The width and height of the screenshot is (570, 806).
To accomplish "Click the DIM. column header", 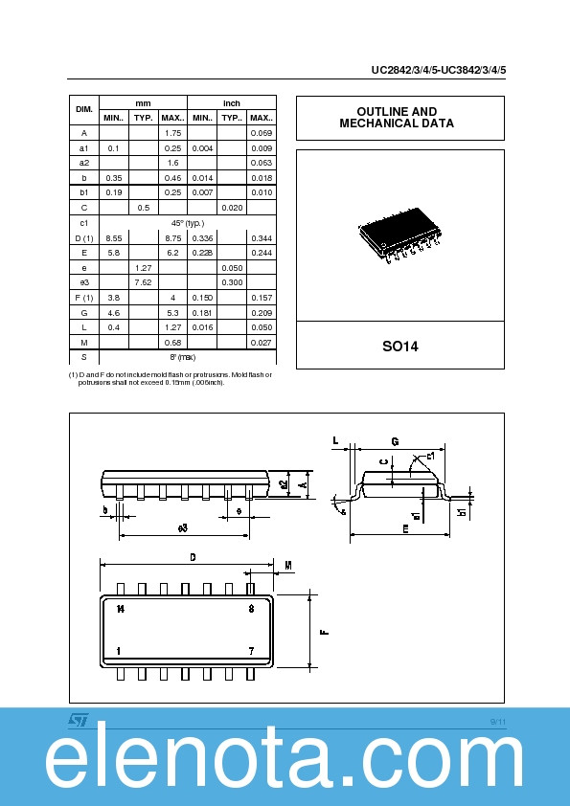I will pos(84,110).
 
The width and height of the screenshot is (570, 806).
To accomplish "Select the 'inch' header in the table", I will pos(232,102).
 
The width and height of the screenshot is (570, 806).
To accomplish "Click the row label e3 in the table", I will pos(84,282).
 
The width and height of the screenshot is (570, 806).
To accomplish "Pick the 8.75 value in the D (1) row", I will pos(172,237).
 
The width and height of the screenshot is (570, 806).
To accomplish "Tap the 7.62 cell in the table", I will pos(144,282).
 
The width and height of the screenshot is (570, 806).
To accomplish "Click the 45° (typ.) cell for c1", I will pos(188,222).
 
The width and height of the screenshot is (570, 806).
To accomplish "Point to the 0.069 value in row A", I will pos(261,132).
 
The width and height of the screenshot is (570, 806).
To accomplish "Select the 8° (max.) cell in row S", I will pos(188,356).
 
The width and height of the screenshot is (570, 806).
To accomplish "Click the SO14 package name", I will pos(399,346).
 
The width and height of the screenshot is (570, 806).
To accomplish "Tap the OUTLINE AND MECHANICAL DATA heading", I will pos(399,118).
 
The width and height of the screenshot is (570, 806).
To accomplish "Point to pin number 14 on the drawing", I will pos(120,608).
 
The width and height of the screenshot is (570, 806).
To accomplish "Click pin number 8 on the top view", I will pos(250,608).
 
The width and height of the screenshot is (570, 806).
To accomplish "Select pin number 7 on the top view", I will pos(250,651).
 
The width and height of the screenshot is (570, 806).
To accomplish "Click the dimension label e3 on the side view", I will pos(182,527).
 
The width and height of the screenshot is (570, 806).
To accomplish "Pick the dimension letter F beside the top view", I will pos(325,632).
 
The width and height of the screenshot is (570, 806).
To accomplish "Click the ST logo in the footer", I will pos(78,719).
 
